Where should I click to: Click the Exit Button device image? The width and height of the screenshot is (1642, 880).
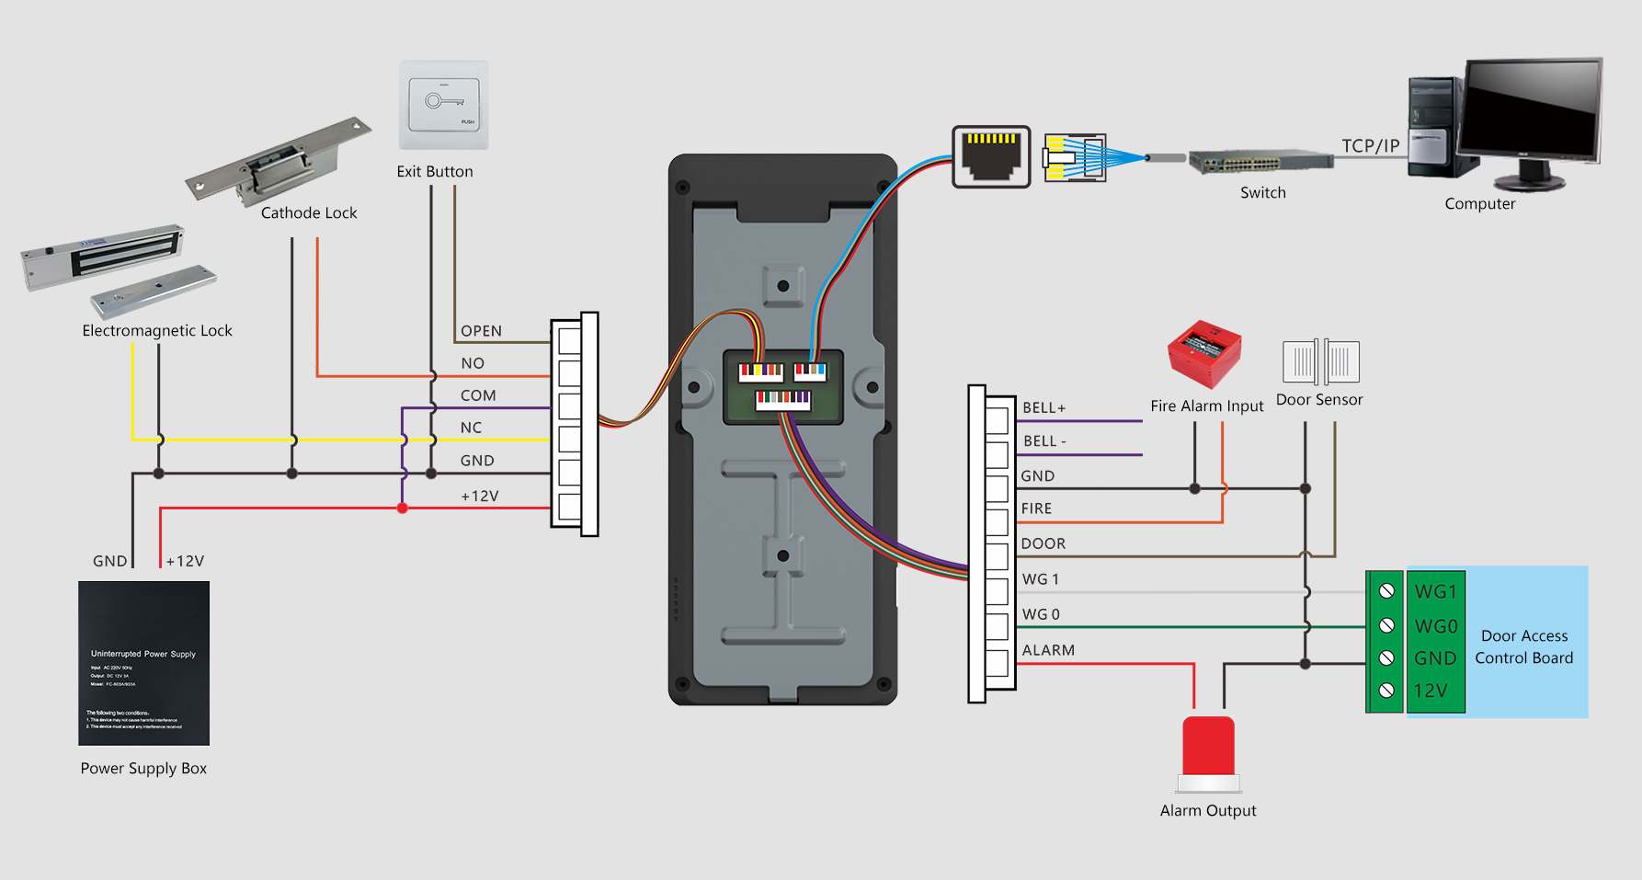pyautogui.click(x=443, y=105)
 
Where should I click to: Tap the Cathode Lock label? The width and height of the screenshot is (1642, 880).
pyautogui.click(x=309, y=213)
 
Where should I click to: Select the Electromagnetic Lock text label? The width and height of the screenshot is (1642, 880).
pyautogui.click(x=157, y=331)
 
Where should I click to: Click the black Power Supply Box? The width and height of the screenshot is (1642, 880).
pyautogui.click(x=143, y=663)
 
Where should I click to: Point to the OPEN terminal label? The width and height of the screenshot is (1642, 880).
pyautogui.click(x=481, y=331)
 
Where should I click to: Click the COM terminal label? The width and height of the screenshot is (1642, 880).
pyautogui.click(x=478, y=395)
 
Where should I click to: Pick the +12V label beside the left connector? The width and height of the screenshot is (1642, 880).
pyautogui.click(x=480, y=497)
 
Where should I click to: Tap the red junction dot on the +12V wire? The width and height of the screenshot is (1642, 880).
pyautogui.click(x=402, y=508)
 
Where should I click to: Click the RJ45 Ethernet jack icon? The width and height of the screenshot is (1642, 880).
pyautogui.click(x=991, y=156)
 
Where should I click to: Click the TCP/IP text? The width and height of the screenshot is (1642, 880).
pyautogui.click(x=1370, y=146)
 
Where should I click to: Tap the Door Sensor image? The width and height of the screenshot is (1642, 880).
pyautogui.click(x=1321, y=362)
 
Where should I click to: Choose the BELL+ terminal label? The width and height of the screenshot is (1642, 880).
pyautogui.click(x=1044, y=408)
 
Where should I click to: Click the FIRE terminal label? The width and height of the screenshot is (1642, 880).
pyautogui.click(x=1036, y=509)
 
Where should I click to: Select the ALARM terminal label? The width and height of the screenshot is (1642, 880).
pyautogui.click(x=1048, y=650)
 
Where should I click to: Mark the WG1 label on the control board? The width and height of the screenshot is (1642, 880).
pyautogui.click(x=1435, y=592)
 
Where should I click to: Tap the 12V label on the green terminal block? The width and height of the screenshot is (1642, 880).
pyautogui.click(x=1431, y=691)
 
